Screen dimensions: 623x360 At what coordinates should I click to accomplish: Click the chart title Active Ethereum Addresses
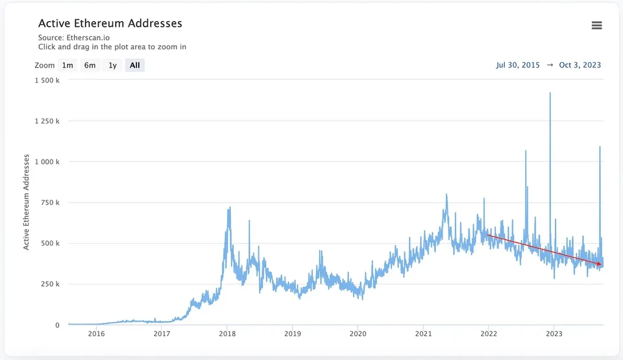(x=110, y=23)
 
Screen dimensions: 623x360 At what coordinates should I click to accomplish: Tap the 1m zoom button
(x=67, y=65)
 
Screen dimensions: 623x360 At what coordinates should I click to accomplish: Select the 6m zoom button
(x=90, y=65)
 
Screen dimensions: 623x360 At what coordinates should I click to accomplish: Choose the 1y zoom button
(x=112, y=65)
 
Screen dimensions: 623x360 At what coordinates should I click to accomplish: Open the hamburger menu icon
(x=597, y=25)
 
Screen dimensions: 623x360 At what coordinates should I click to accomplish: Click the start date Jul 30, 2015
(x=518, y=65)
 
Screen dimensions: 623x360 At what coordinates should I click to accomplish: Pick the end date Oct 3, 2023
(x=580, y=65)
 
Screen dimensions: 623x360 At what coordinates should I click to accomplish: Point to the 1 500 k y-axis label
(x=47, y=80)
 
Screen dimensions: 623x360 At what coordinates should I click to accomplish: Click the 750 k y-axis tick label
(x=50, y=202)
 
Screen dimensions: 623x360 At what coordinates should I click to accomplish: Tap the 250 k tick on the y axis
(x=50, y=284)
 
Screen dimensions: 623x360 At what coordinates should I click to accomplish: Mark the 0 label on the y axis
(x=57, y=325)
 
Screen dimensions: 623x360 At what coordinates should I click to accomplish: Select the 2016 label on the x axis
(x=97, y=334)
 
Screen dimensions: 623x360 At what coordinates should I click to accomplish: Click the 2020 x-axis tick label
(x=358, y=334)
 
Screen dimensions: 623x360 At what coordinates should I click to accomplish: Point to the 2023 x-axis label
(x=554, y=334)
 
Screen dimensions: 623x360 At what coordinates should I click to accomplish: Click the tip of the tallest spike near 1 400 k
(x=550, y=93)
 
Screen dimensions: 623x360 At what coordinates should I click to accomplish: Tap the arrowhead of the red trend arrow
(x=600, y=264)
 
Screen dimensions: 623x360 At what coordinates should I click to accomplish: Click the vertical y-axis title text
(x=26, y=202)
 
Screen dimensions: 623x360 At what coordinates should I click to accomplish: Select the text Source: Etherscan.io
(x=74, y=38)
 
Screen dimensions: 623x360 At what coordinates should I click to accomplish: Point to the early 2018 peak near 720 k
(x=229, y=208)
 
